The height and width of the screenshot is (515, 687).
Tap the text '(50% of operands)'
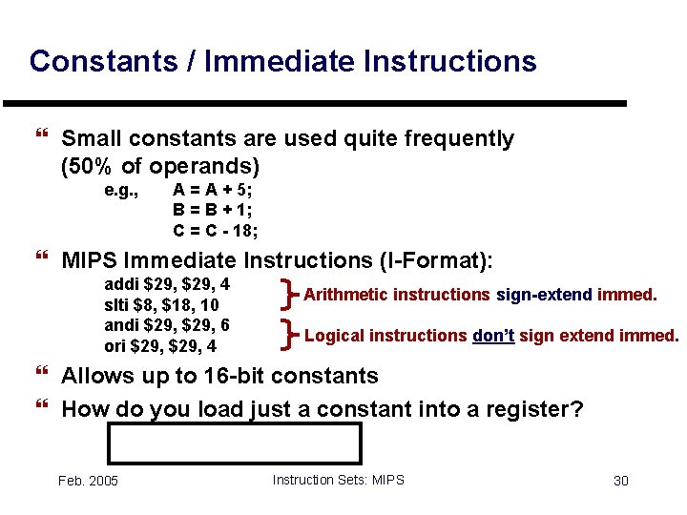[159, 166]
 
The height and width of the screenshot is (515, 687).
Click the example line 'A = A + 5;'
[213, 190]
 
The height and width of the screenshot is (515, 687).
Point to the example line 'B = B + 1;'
[213, 210]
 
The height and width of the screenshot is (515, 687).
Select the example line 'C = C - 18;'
[216, 230]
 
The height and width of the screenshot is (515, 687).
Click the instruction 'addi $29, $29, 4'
[166, 284]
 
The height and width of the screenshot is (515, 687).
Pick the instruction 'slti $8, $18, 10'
[161, 304]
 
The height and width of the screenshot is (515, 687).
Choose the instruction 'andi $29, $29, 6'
[166, 324]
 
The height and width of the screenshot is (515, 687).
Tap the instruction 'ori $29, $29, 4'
[159, 345]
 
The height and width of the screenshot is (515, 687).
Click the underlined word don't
[493, 336]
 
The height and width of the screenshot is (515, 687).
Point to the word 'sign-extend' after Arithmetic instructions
[544, 295]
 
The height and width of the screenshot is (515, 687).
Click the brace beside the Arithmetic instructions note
[289, 294]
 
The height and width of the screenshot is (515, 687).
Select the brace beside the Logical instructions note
[289, 335]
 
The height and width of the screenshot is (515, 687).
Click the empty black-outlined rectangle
[234, 443]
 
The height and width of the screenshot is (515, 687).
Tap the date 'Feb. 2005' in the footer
[88, 481]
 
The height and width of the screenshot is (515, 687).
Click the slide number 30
[620, 481]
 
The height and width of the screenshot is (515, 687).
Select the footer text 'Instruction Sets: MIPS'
[338, 480]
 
